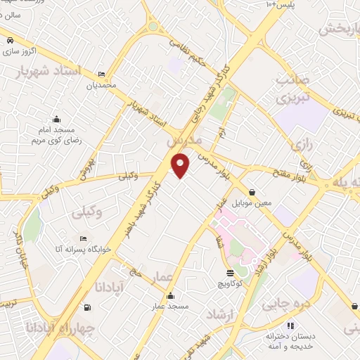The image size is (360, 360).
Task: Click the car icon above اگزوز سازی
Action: coord(10,41)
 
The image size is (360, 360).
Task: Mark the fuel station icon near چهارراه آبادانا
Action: coord(87,307)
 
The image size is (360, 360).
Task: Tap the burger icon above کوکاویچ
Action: coord(230,273)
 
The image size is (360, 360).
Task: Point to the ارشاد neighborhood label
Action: coord(219,314)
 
